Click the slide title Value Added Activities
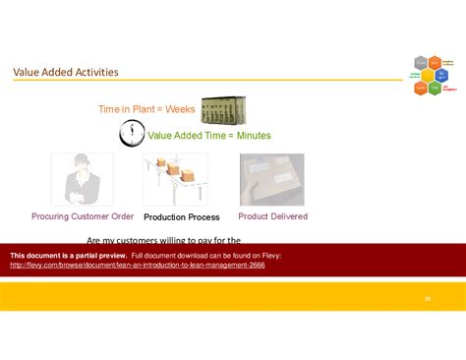[x=66, y=72]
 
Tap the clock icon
[x=131, y=134]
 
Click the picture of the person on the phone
[x=82, y=180]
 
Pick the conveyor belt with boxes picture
[x=174, y=180]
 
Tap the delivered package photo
[x=271, y=180]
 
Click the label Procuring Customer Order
[x=83, y=216]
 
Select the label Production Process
[x=181, y=216]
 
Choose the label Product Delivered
[x=272, y=216]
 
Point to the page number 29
[x=428, y=298]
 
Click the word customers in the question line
[x=129, y=240]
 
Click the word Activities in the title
[x=94, y=72]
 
